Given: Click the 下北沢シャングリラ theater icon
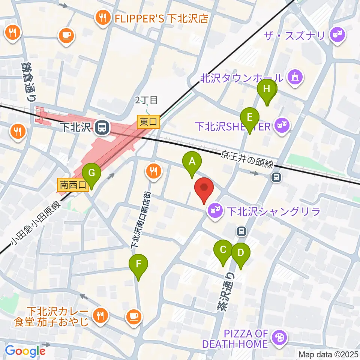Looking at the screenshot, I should point(216,211).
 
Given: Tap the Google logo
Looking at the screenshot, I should point(25,351).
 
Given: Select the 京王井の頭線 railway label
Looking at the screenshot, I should point(248,159).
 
